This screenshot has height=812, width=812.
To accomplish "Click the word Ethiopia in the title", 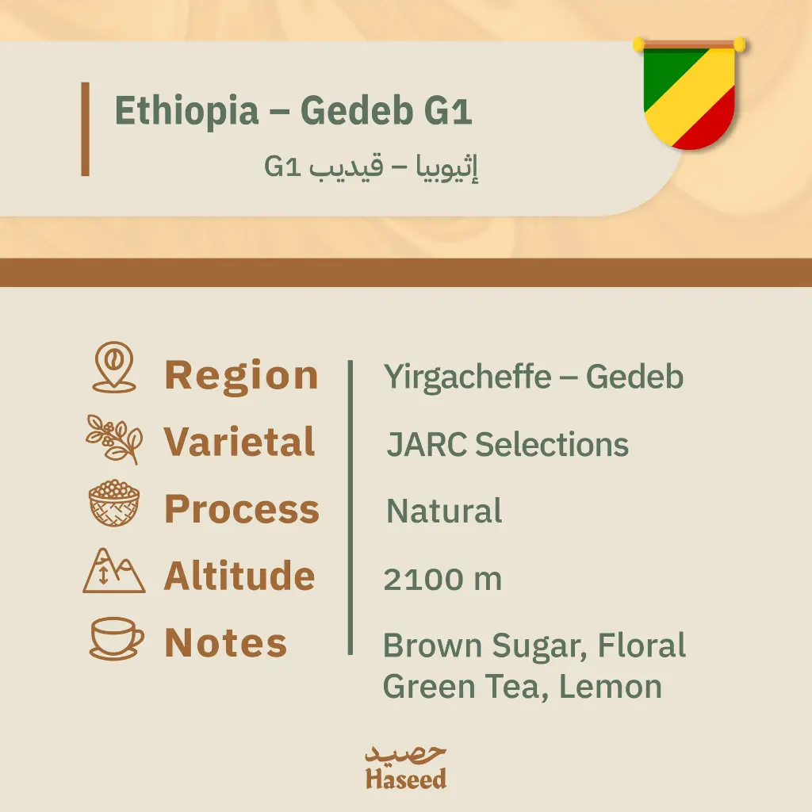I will [x=186, y=111].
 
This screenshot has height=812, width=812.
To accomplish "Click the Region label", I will [x=241, y=375].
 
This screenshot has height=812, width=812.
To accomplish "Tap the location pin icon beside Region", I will [x=114, y=368].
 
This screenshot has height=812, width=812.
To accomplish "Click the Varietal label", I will [x=239, y=442].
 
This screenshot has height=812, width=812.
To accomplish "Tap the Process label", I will [x=241, y=509].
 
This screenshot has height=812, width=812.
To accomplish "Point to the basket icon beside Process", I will [x=114, y=504].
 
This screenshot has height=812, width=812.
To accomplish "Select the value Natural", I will [x=444, y=511].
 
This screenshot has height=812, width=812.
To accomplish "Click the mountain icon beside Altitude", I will [x=114, y=571].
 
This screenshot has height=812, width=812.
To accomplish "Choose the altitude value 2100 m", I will [x=442, y=580].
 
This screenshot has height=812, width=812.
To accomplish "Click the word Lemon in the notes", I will [x=611, y=687].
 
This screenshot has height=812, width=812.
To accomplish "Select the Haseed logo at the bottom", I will [x=406, y=767].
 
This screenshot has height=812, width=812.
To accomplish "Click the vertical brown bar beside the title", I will [x=85, y=128].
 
